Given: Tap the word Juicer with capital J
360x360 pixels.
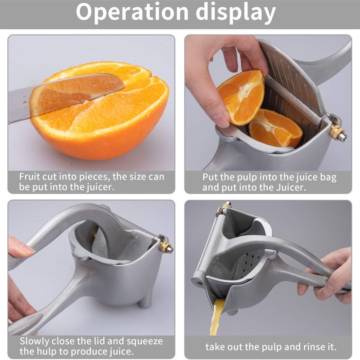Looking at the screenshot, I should pos(289,187).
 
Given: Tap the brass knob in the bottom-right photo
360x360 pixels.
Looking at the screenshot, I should pos(225,207).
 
